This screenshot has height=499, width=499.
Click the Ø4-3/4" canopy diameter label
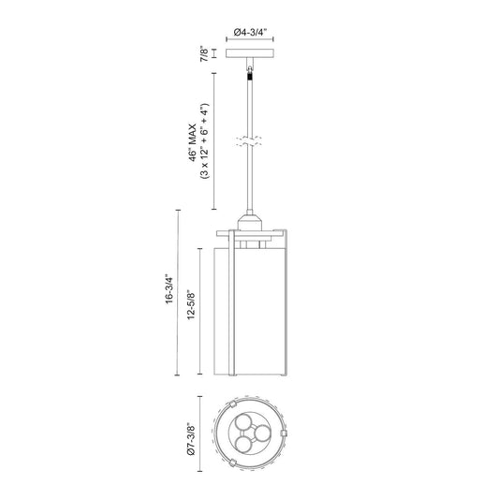tap(250, 33)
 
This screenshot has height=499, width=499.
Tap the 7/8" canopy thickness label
tap(204, 53)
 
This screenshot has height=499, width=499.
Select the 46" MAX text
tap(193, 142)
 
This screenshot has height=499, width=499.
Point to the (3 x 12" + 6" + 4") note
tap(204, 141)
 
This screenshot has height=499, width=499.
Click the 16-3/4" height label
tap(169, 289)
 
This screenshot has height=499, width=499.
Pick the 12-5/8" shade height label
tap(191, 304)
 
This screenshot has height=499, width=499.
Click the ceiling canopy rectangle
tap(250, 53)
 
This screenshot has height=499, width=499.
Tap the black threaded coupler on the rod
tap(250, 77)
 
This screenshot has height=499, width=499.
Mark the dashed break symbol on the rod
tap(249, 141)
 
